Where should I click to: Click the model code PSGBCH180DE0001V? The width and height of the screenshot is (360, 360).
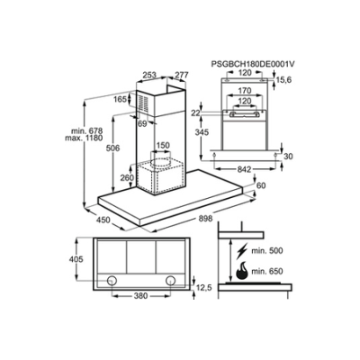point(253,64)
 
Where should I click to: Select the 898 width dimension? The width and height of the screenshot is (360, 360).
point(205,218)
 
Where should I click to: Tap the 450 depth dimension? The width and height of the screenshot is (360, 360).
point(103,220)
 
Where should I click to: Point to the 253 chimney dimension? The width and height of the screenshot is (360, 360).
point(149,75)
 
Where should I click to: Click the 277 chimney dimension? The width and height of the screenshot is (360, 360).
point(181,75)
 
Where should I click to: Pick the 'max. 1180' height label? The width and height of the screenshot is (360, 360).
point(84,138)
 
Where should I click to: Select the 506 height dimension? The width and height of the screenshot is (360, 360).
point(112,148)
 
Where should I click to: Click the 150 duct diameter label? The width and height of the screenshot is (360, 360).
point(163,146)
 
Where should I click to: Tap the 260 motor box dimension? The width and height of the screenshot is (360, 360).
point(127,178)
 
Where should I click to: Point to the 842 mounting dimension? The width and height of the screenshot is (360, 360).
point(244,169)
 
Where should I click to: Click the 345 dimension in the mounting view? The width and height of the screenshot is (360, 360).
point(201,132)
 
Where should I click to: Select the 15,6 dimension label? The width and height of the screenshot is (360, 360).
point(284,80)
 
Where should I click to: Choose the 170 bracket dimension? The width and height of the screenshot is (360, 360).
point(245,90)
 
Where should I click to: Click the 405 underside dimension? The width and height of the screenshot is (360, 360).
point(76,259)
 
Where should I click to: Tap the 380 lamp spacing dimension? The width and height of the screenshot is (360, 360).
point(140,296)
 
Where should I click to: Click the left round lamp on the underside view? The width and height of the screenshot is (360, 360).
point(112,280)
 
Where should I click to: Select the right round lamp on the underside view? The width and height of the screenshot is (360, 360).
point(170,280)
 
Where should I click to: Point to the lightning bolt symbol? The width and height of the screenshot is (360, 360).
point(242,251)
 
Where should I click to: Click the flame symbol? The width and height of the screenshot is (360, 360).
point(242,270)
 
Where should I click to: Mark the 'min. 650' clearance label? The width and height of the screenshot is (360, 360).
point(267,272)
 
